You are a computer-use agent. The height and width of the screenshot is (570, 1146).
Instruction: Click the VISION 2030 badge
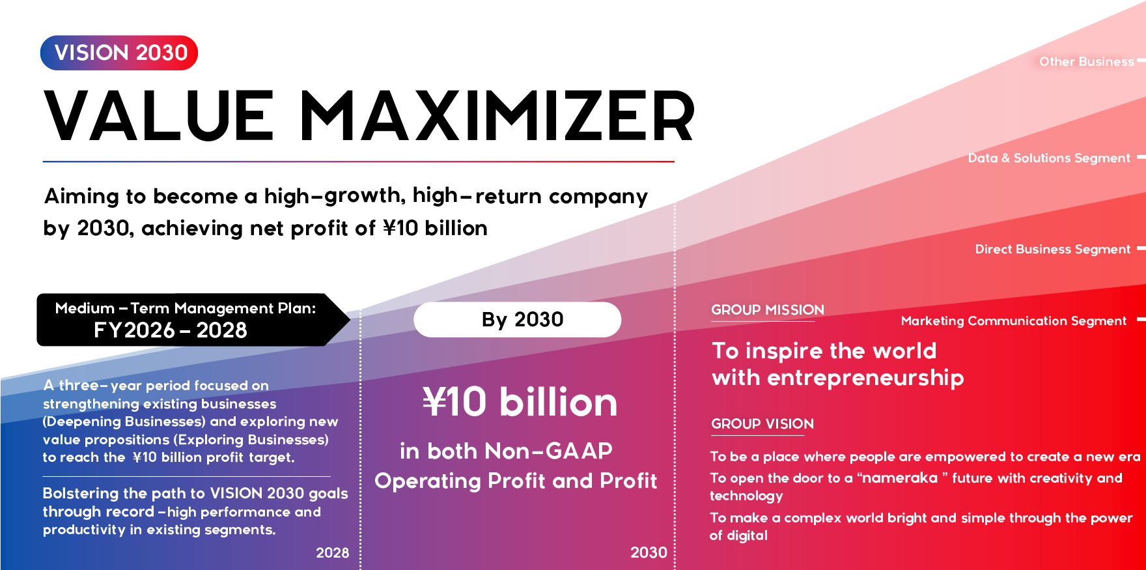click(119, 53)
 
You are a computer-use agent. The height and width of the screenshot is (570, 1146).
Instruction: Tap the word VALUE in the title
click(160, 117)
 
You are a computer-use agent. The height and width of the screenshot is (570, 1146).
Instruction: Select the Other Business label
click(1086, 62)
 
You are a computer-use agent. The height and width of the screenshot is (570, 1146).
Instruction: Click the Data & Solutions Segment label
click(1048, 158)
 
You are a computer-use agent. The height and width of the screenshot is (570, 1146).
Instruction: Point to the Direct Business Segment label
click(1052, 249)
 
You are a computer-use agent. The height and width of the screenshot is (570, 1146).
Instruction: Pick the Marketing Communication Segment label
click(1013, 321)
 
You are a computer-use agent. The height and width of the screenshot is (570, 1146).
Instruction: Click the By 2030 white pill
click(518, 320)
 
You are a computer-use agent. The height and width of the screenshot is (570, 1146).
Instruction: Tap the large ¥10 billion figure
click(520, 402)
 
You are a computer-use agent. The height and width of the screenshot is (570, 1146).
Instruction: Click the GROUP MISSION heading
click(767, 310)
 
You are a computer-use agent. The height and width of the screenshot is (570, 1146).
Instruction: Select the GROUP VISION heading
click(762, 424)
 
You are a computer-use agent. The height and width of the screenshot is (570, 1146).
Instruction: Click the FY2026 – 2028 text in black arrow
click(171, 331)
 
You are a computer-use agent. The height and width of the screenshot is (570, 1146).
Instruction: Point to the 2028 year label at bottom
click(332, 553)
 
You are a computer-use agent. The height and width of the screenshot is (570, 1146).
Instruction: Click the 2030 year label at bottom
click(649, 553)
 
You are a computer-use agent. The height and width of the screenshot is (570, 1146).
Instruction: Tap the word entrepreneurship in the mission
click(865, 378)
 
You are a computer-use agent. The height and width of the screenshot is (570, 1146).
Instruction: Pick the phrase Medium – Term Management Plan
click(185, 308)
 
